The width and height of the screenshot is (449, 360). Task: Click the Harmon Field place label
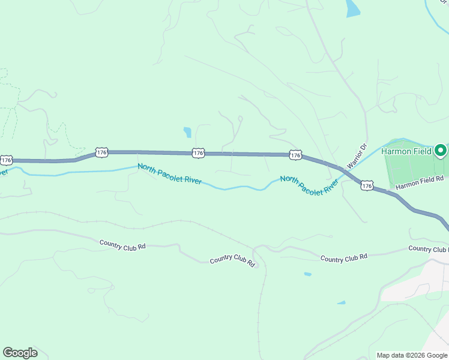pos(406,151)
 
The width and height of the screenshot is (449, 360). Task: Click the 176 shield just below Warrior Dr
pos(367,187)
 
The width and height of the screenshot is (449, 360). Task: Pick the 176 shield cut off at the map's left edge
pos(6,160)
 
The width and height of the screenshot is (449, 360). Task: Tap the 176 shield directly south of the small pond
pos(199,154)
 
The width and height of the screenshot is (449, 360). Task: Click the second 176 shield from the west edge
pos(101,152)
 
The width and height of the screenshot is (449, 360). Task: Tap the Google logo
pos(20,353)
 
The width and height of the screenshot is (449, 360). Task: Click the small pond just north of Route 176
pos(188,132)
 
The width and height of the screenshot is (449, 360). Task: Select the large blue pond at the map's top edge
pos(353,8)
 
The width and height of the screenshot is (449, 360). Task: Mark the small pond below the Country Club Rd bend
pos(307,274)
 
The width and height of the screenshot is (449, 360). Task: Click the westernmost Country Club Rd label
pos(122,244)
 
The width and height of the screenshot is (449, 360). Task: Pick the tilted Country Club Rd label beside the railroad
pos(233,261)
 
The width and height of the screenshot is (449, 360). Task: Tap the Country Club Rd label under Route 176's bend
pos(343,259)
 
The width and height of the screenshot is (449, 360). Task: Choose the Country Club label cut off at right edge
pos(428,248)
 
